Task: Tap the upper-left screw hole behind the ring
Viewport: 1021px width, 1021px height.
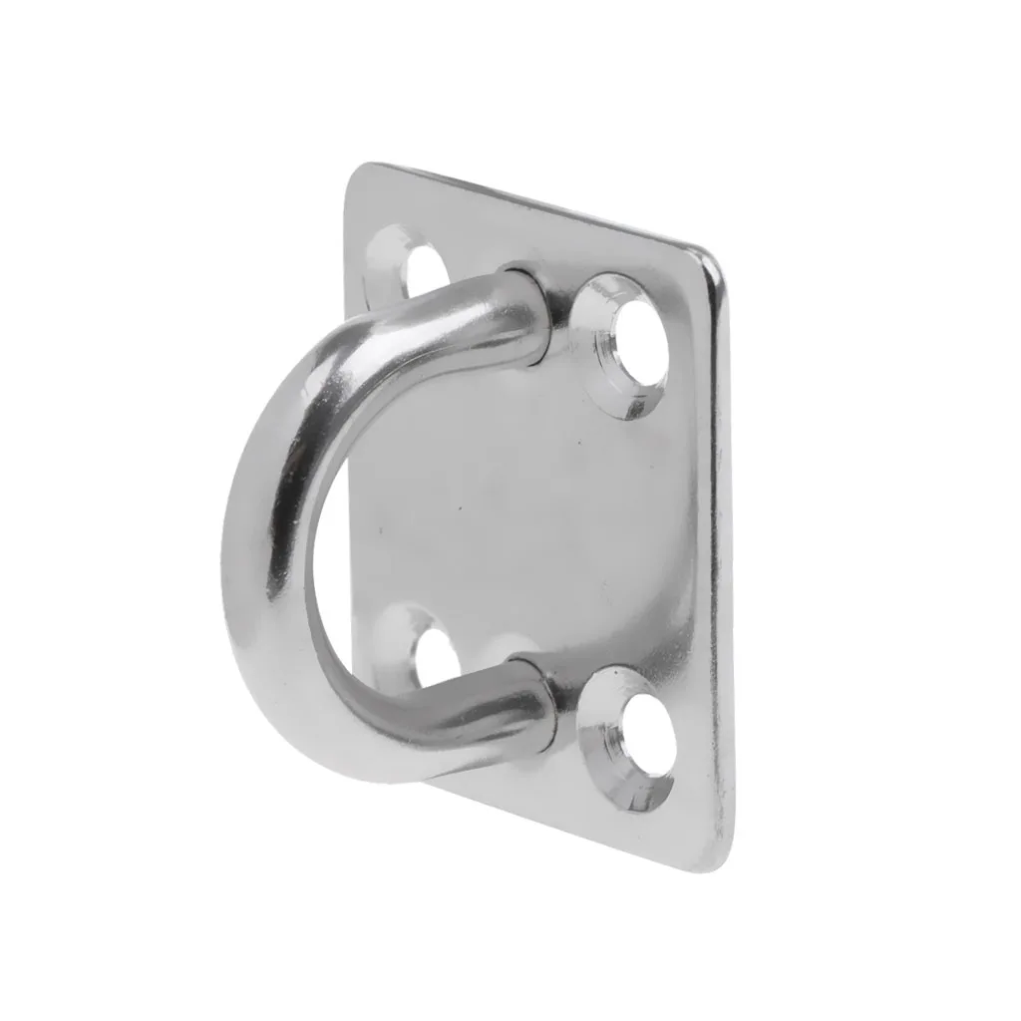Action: click(426, 268)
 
